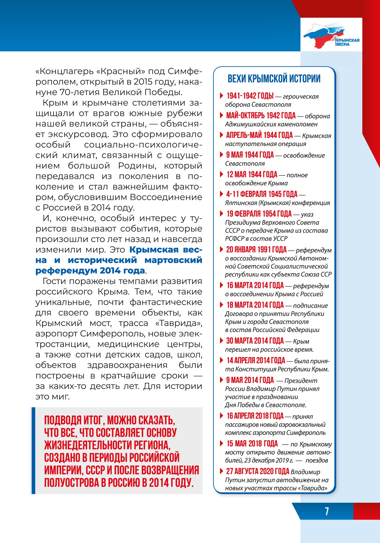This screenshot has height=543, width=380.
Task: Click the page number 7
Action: click(x=327, y=511)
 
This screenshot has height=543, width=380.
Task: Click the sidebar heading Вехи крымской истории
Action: click(x=274, y=79)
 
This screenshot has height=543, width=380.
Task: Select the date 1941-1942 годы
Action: click(x=250, y=96)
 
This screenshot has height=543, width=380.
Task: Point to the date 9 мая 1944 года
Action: click(x=250, y=155)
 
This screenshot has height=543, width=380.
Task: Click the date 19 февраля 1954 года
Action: click(x=259, y=214)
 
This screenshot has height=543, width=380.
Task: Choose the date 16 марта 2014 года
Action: click(x=255, y=285)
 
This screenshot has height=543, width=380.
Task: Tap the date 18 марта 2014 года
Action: click(x=255, y=305)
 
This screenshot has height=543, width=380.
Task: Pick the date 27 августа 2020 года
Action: click(x=258, y=471)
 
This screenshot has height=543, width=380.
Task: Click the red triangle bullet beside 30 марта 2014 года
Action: click(x=221, y=341)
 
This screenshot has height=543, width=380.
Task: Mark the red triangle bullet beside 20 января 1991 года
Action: click(x=221, y=250)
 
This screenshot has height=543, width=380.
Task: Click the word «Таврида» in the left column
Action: click(x=179, y=323)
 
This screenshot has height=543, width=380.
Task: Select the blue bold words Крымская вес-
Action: click(x=166, y=250)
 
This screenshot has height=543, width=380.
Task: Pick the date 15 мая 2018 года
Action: click(x=252, y=444)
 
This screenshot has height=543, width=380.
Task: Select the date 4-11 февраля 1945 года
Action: click(x=262, y=194)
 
